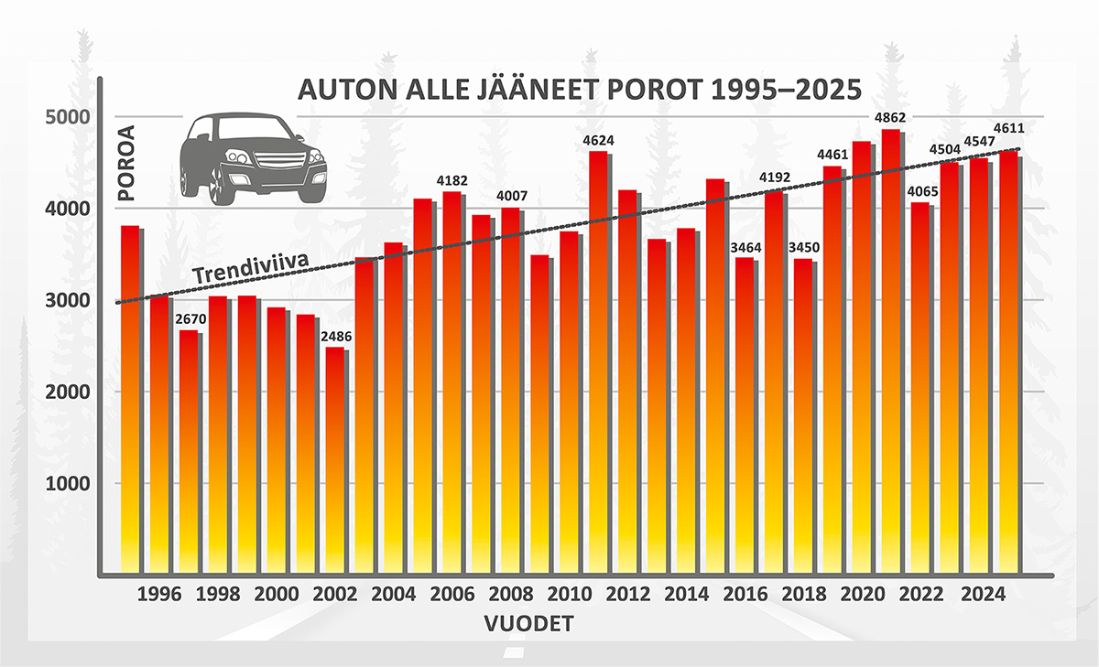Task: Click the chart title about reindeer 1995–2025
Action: coord(580,93)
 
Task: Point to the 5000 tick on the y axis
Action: coord(64,117)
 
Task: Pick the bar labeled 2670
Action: coord(188,453)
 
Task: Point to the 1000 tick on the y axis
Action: coord(64,483)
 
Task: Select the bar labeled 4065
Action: coord(919,389)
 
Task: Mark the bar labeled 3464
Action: coord(744,416)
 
